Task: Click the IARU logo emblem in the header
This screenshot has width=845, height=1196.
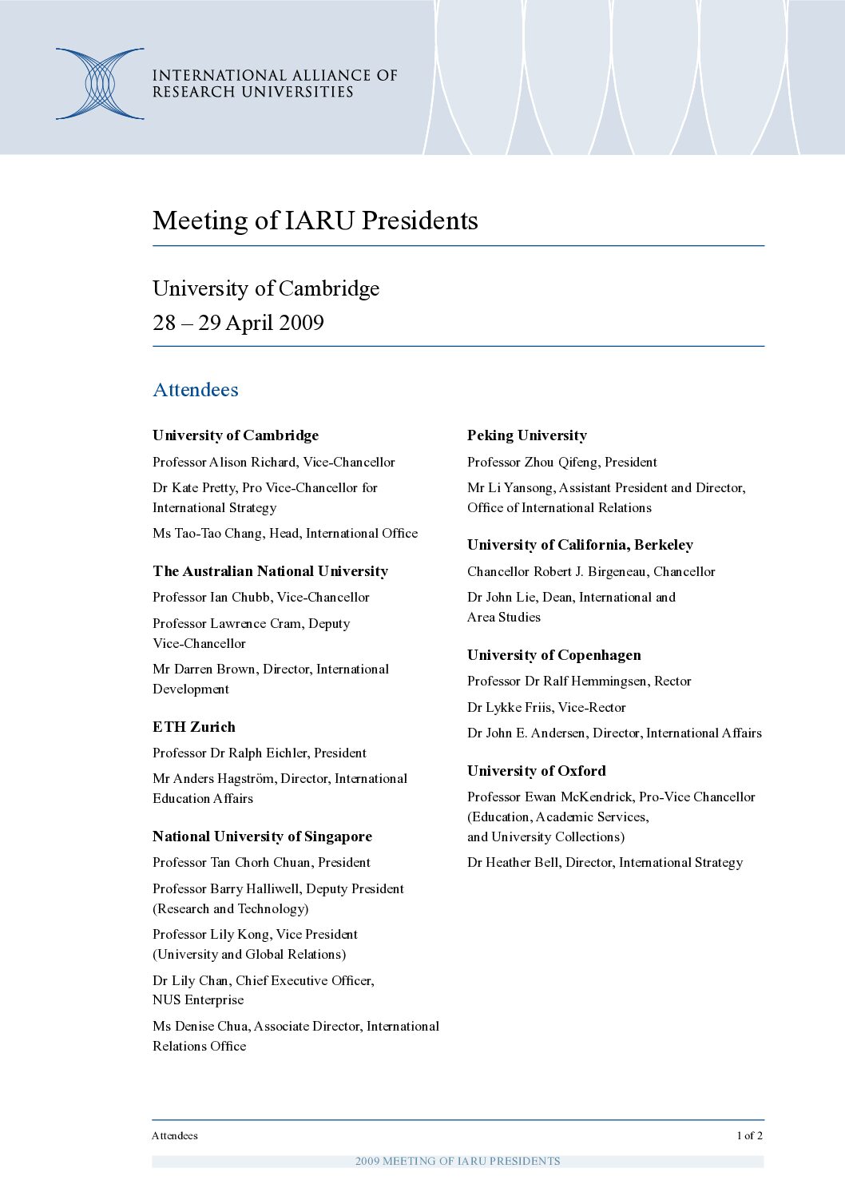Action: click(100, 84)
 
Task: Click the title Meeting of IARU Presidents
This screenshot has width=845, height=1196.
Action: click(315, 221)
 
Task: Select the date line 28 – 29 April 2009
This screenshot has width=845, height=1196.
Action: click(238, 323)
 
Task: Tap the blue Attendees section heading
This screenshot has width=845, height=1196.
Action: click(196, 390)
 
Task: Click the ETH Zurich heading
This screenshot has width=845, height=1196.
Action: click(194, 727)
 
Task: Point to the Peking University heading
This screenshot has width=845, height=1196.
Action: click(527, 435)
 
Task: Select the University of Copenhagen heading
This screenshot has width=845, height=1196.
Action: click(554, 655)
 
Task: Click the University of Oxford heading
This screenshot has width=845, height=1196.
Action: click(537, 771)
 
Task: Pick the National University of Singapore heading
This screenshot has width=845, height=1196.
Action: click(262, 836)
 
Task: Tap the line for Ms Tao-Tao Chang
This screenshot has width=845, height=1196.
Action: click(285, 533)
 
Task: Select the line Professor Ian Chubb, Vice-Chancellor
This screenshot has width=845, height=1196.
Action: click(261, 597)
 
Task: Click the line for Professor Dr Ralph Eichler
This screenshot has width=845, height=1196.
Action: click(260, 753)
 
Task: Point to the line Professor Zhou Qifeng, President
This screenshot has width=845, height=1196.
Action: click(562, 462)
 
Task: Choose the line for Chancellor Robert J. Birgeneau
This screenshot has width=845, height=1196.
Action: click(591, 571)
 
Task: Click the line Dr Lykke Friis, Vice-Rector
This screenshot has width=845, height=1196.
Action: click(546, 707)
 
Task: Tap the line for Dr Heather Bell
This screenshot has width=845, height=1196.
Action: click(605, 862)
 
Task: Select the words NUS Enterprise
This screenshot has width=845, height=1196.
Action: click(198, 999)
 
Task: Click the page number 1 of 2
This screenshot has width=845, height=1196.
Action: click(749, 1135)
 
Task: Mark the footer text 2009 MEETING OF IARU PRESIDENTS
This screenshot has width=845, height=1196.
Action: click(458, 1161)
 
